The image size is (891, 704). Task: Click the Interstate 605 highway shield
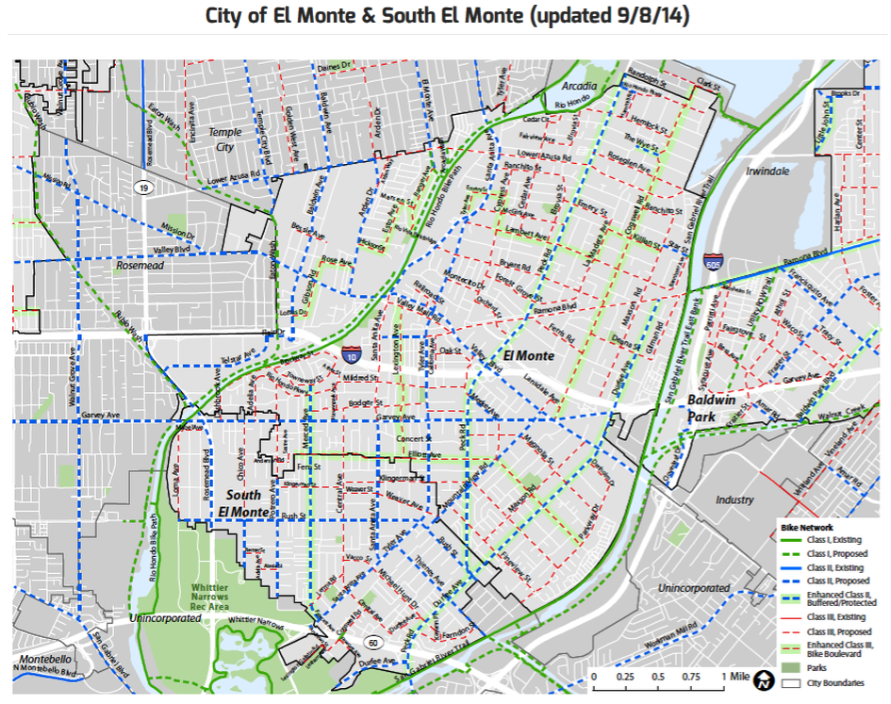[713, 261]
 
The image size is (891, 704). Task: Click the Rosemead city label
[140, 266]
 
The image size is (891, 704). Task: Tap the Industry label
[734, 499]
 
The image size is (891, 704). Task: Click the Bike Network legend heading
[804, 527]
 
